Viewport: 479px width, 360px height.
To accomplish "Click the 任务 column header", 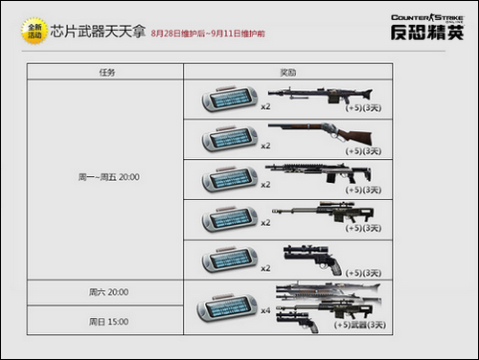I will pyautogui.click(x=106, y=72).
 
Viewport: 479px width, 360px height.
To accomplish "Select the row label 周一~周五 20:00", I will pyautogui.click(x=105, y=179).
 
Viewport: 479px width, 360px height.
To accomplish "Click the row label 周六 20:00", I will pyautogui.click(x=106, y=291).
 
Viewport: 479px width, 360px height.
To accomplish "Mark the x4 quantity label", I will pyautogui.click(x=265, y=311).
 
